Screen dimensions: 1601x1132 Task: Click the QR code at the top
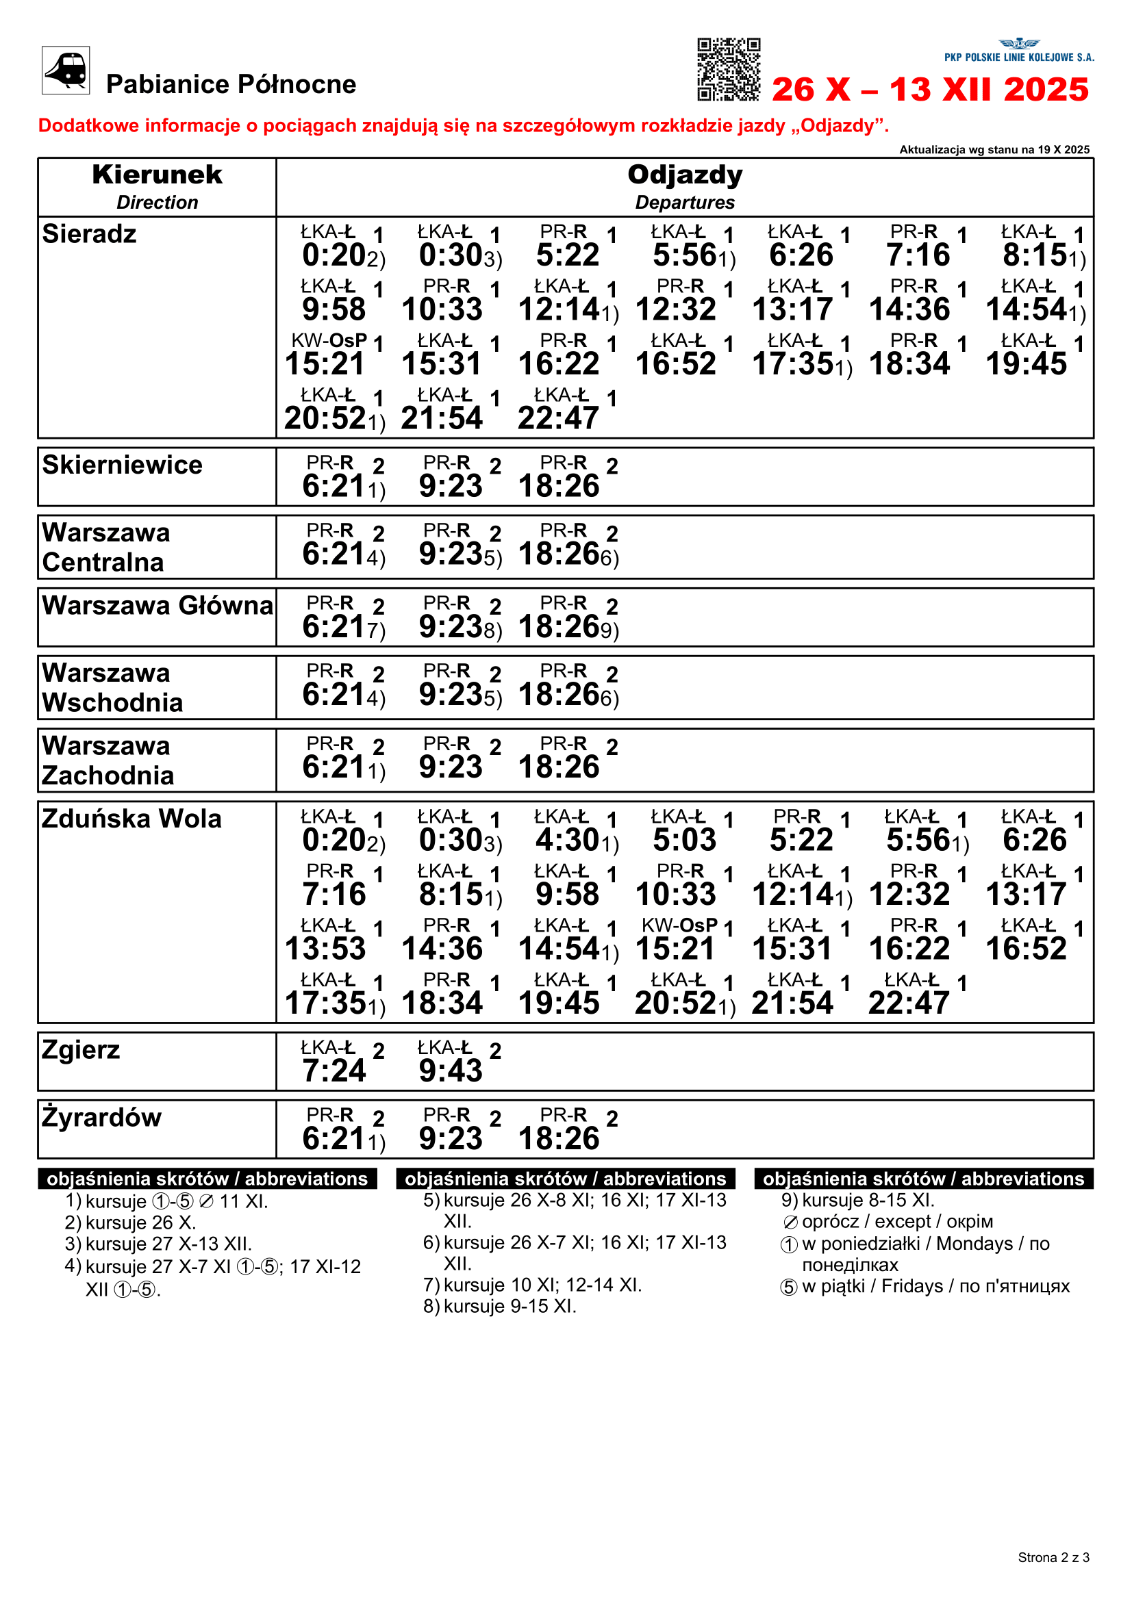coord(728,69)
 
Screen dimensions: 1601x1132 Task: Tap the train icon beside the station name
coord(66,70)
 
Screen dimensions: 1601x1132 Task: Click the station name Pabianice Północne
coord(231,84)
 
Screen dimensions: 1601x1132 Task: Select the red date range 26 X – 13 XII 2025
coord(930,89)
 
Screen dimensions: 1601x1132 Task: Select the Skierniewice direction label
coord(122,465)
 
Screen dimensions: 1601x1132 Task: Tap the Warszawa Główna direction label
coord(158,605)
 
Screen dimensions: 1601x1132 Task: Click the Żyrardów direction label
coord(102,1117)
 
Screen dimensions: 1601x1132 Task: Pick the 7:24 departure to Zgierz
coord(334,1071)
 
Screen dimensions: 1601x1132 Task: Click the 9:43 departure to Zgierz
coord(451,1071)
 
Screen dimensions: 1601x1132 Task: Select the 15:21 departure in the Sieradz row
coord(325,363)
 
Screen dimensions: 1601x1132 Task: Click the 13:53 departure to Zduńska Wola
coord(325,948)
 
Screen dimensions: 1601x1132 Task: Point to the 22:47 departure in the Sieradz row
coord(558,418)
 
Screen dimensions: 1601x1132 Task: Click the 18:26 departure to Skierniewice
coord(559,486)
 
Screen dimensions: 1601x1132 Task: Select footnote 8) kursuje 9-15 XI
coord(500,1306)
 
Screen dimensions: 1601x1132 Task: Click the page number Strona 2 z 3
coord(1053,1557)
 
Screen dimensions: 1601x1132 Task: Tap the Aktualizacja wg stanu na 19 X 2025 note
coord(994,149)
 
